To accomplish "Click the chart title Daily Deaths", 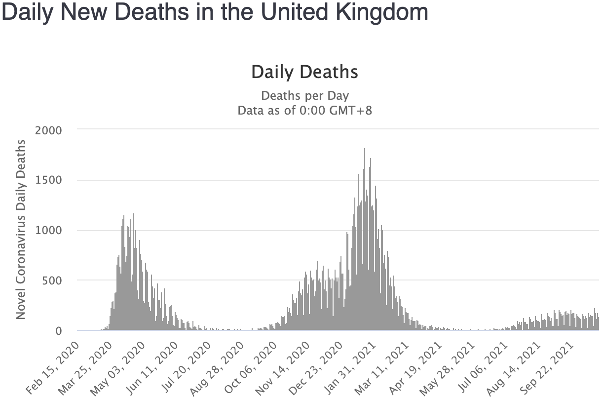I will pyautogui.click(x=304, y=72).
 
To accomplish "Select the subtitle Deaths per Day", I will pyautogui.click(x=304, y=95).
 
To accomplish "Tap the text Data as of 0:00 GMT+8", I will pyautogui.click(x=304, y=110).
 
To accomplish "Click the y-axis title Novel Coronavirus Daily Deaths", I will pyautogui.click(x=21, y=229).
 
